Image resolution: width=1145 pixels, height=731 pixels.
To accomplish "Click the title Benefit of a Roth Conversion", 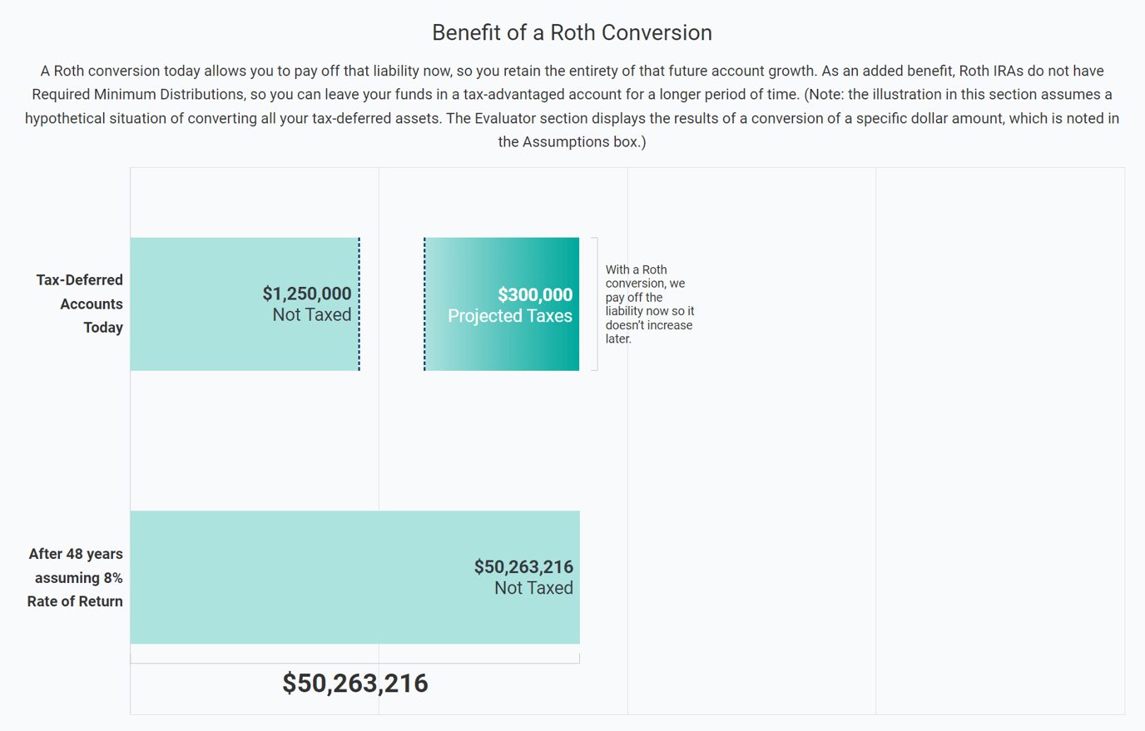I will click(572, 32).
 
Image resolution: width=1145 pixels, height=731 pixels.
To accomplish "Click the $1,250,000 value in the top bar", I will click(306, 294).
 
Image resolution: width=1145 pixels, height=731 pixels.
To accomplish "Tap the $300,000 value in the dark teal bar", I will click(535, 294).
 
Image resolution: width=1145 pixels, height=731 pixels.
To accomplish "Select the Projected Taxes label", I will click(509, 316).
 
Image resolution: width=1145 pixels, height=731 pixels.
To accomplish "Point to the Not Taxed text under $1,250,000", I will click(311, 314).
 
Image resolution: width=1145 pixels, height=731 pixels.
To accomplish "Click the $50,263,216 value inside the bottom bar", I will click(523, 567).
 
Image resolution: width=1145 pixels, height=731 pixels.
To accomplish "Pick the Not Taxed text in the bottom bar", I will click(533, 588).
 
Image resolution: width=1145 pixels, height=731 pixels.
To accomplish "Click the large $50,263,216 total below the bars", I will click(355, 684).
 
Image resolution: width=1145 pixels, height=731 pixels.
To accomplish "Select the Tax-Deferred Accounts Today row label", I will click(80, 304).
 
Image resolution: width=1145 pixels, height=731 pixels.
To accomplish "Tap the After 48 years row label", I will click(76, 554).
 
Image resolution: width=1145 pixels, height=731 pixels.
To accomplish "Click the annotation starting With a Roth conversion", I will click(649, 304).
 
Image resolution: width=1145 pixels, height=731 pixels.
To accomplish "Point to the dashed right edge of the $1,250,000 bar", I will click(359, 304).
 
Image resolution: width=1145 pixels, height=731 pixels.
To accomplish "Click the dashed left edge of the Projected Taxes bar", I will click(424, 304).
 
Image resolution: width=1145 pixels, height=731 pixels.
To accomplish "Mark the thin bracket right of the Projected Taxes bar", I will click(595, 304).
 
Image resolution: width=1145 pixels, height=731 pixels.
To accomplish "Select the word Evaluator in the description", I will click(505, 118).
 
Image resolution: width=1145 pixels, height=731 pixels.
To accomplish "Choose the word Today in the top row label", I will click(103, 328).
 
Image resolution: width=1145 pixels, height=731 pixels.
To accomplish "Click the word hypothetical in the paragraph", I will click(69, 118).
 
